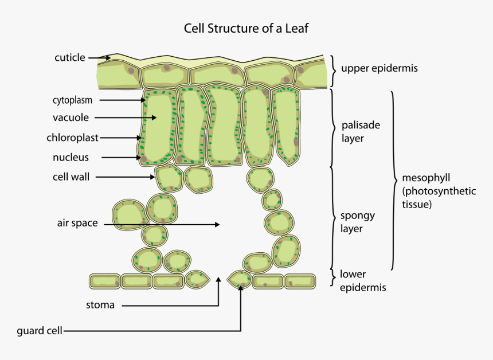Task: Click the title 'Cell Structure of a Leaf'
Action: pos(246,28)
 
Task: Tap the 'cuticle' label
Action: pos(69,57)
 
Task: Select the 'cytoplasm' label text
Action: pos(72,100)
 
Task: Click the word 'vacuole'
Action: pos(71,118)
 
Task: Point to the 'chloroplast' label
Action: pos(72,138)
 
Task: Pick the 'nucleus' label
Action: pos(71,157)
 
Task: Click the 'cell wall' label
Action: pos(71,177)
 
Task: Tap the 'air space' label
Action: pos(77,223)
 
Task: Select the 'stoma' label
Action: pos(100,305)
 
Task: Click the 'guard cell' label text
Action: pos(40,331)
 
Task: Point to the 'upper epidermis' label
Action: pos(379,68)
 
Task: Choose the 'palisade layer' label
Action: pos(361,131)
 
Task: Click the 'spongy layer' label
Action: pos(358,222)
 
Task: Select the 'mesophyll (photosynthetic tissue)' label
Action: pos(439,190)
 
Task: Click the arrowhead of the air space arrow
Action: pos(217,225)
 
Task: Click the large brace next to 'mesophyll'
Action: pos(394,181)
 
